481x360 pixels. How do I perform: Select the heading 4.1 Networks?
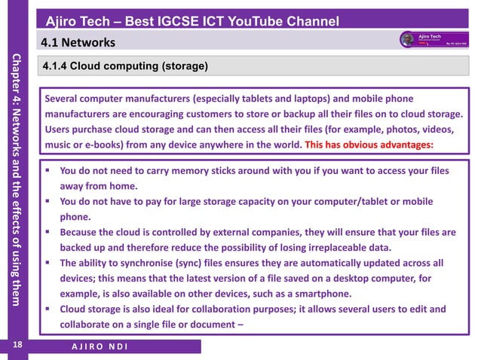point(78,41)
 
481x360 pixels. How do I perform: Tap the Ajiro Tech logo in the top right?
point(429,39)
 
